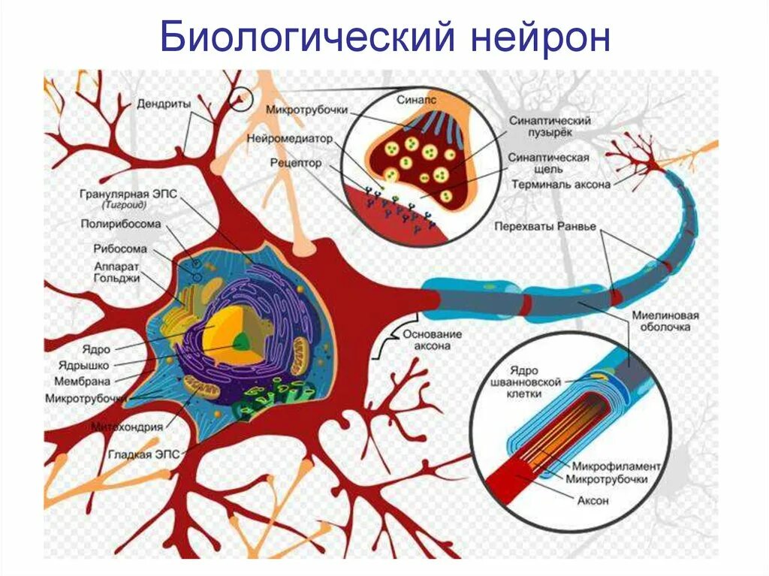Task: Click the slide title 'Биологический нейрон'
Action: point(384,38)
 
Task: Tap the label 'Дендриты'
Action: point(163,103)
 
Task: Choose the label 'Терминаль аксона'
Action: point(561,183)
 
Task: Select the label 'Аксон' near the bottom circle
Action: point(593,501)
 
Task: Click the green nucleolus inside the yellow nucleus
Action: point(241,342)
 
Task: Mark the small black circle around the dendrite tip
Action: point(240,98)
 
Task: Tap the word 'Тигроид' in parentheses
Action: point(123,204)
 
